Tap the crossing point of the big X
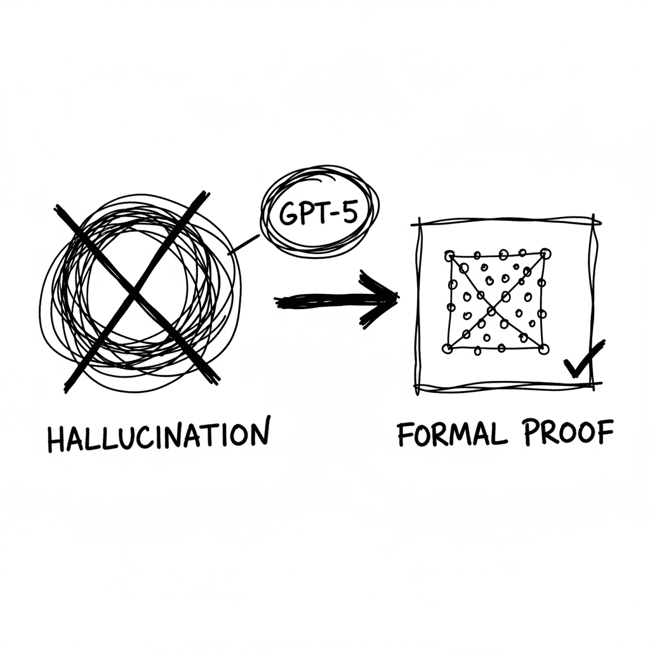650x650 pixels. (133, 292)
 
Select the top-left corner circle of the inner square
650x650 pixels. (449, 256)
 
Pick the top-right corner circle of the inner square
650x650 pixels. (545, 253)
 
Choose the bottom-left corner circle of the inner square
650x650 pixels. (448, 348)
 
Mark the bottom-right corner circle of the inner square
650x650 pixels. (543, 349)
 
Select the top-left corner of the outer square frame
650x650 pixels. (420, 224)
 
